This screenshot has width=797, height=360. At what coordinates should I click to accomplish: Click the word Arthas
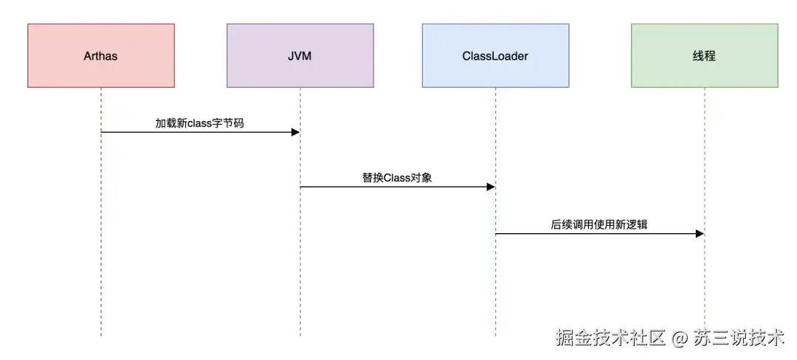pos(101,56)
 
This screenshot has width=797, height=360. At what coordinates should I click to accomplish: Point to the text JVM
pos(300,56)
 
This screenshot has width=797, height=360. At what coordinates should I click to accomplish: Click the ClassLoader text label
pos(495,56)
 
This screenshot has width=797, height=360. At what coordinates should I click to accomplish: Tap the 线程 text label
pos(704,56)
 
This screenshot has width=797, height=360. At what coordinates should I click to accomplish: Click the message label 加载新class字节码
pos(199,123)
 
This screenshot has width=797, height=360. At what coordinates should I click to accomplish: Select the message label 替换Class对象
pos(397,178)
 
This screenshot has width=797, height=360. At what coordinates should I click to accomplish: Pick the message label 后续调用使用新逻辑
pos(598,224)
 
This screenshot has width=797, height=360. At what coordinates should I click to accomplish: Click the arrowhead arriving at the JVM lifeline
pos(295,132)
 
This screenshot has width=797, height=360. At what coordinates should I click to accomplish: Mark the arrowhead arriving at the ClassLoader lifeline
pos(491,187)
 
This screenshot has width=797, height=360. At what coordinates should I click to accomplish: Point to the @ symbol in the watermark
pos(680,339)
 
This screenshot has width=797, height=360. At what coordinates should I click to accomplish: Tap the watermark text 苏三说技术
pos(739,339)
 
